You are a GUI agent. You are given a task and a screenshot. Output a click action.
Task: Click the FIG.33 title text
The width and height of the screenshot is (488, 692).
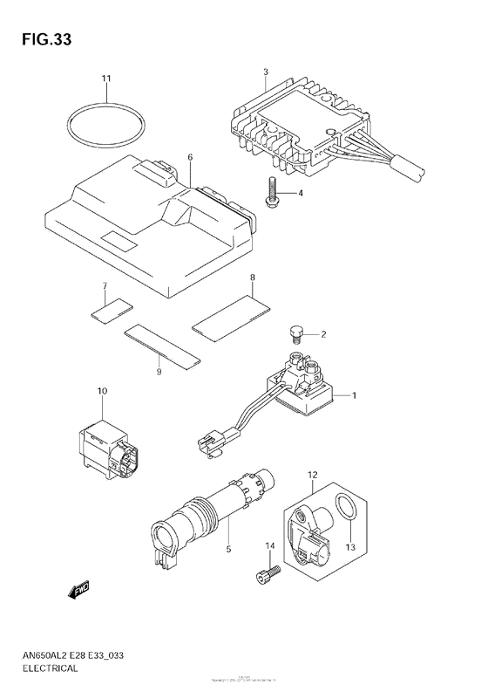point(41,40)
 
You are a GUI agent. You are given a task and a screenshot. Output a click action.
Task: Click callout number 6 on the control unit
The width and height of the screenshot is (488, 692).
point(189,157)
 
